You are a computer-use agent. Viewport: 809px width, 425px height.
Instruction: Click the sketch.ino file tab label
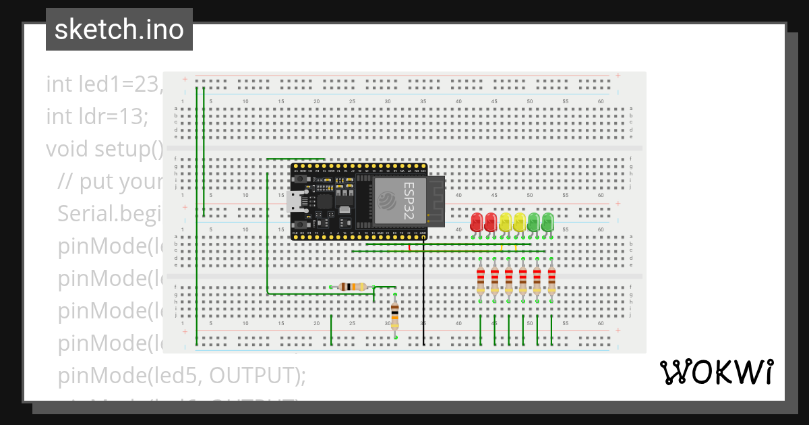tap(119, 30)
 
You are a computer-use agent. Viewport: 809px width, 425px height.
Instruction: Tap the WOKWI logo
tap(716, 372)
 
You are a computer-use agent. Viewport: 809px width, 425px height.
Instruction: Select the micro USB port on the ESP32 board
tap(295, 200)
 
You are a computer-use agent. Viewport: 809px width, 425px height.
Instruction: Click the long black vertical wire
tap(423, 297)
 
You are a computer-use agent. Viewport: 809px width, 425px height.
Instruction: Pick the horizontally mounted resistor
tap(353, 287)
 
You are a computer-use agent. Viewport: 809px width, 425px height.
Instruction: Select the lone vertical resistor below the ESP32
tap(395, 314)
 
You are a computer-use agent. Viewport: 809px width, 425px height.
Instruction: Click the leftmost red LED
tap(477, 222)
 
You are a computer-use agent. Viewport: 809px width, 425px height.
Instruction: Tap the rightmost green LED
tap(547, 222)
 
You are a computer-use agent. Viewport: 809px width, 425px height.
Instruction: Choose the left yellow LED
tap(505, 222)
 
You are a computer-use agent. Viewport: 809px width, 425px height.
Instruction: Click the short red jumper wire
tap(410, 248)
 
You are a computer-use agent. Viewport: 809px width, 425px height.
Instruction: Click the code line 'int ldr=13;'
tap(96, 116)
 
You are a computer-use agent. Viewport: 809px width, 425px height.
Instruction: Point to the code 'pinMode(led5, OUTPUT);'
tap(181, 375)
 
